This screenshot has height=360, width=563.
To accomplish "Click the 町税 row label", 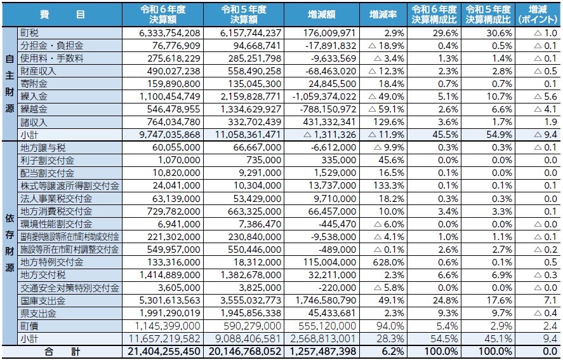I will point(29,33).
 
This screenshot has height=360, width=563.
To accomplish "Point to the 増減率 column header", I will point(383,15).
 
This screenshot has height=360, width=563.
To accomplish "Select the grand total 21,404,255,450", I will point(164,352).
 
